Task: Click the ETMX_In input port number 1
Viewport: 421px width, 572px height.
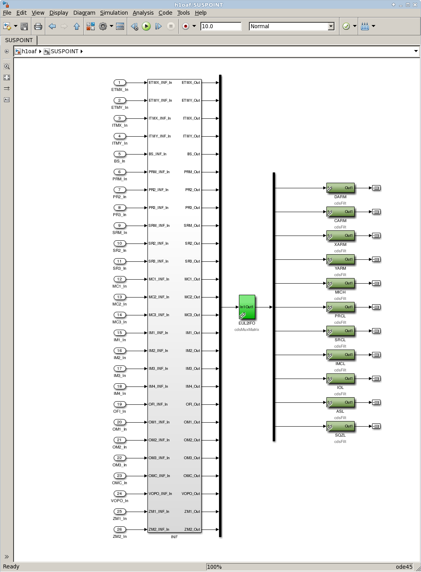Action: coord(119,83)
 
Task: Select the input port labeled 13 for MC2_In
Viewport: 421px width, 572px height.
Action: coord(119,297)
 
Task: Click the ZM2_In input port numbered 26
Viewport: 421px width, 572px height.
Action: coord(119,529)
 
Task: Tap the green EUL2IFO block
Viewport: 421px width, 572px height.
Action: coord(247,307)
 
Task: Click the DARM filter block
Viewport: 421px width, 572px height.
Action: coord(340,188)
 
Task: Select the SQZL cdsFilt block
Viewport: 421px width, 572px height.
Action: coord(340,426)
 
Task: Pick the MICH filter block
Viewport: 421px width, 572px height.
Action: coord(340,283)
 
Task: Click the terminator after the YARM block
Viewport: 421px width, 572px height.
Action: coord(376,259)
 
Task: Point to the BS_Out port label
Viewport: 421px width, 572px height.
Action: coord(194,154)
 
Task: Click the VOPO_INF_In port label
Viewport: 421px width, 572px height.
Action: coord(160,494)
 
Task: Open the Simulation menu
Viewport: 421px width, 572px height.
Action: coord(114,13)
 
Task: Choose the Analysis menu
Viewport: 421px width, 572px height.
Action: coord(143,13)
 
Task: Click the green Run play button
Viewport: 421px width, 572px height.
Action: coord(146,26)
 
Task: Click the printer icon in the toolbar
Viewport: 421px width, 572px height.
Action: coord(38,26)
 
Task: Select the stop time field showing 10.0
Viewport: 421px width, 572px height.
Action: coord(221,26)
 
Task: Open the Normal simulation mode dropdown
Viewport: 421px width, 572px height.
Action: coord(292,26)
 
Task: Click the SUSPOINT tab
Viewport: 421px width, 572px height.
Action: coord(19,40)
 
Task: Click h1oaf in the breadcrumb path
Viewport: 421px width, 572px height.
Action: coord(29,51)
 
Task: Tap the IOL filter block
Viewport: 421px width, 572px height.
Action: coord(340,379)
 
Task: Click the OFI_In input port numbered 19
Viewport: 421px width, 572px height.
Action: coord(119,404)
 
